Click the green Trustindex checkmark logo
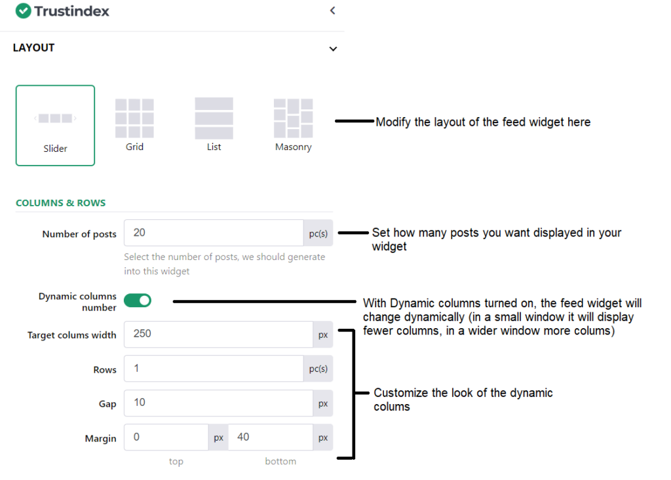[23, 10]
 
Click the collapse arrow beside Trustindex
[332, 10]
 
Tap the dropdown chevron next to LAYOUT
[333, 48]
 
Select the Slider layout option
[55, 125]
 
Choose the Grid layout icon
[134, 118]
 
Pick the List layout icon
[214, 118]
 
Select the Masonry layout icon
[293, 118]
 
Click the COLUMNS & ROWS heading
[61, 203]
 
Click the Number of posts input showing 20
[214, 232]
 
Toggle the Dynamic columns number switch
[138, 301]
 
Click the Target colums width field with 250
[218, 334]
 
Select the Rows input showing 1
[214, 368]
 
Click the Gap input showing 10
[218, 403]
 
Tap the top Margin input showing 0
[166, 437]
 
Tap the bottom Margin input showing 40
[271, 437]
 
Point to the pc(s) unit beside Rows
[318, 369]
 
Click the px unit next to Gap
[323, 403]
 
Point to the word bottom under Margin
[280, 461]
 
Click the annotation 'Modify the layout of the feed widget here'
[483, 122]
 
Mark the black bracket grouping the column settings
[353, 394]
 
